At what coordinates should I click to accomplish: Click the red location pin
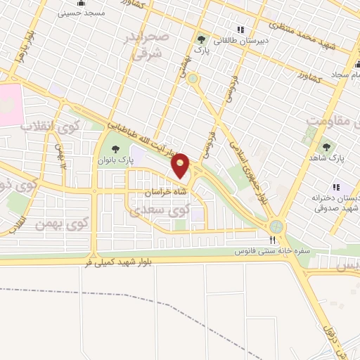click(181, 165)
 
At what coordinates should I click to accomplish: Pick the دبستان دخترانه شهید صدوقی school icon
click(336, 187)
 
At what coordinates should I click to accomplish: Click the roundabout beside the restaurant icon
click(276, 226)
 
